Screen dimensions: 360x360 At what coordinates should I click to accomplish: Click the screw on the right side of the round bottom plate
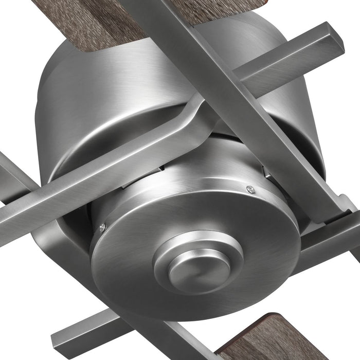(250, 189)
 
